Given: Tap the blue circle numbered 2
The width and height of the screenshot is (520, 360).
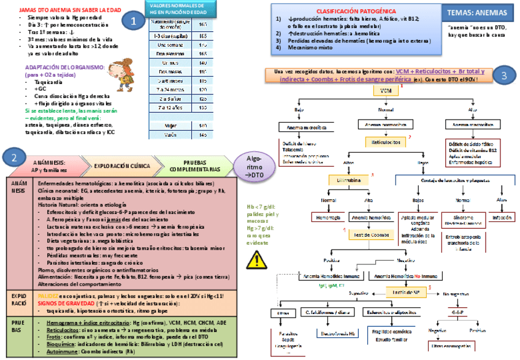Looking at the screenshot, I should (x=13, y=158).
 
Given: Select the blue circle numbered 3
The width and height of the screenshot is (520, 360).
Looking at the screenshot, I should (x=503, y=75).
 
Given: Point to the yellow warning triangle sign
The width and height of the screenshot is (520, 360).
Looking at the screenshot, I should (x=253, y=261).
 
